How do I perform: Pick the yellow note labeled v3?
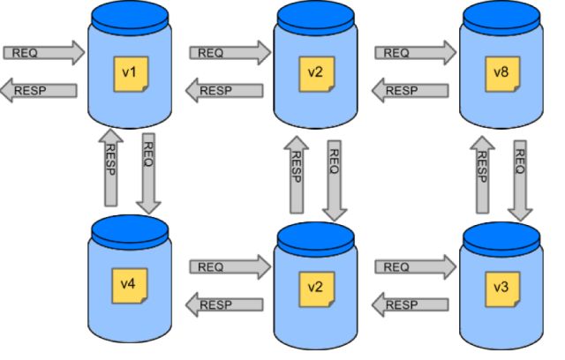click(x=500, y=289)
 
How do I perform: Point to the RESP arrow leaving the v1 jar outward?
click(x=39, y=90)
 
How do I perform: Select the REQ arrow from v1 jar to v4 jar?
click(x=148, y=172)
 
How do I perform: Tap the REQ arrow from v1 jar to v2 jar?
click(x=229, y=53)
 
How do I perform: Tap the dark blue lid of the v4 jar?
click(x=130, y=231)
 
